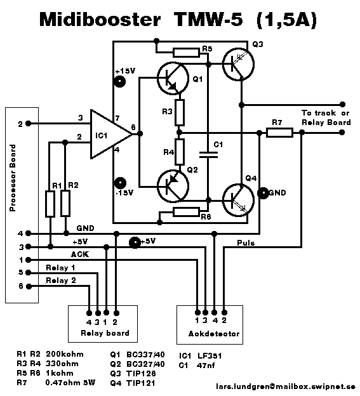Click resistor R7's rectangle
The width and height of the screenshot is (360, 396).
[279, 133]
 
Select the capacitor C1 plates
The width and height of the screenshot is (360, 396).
[208, 155]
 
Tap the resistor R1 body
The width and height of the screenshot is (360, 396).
[50, 204]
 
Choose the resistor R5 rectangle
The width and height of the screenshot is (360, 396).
[186, 53]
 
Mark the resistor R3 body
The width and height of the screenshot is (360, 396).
[180, 112]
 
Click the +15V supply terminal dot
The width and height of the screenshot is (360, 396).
[120, 82]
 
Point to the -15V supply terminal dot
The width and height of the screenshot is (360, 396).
[120, 183]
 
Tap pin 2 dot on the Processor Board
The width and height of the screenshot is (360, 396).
[29, 124]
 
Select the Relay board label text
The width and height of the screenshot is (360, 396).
[105, 333]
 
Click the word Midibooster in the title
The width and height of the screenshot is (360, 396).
[100, 20]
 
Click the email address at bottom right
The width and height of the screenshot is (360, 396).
[286, 386]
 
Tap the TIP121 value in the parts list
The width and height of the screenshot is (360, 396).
[141, 383]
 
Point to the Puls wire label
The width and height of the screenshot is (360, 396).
[246, 243]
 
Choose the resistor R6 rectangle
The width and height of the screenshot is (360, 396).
[186, 212]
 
